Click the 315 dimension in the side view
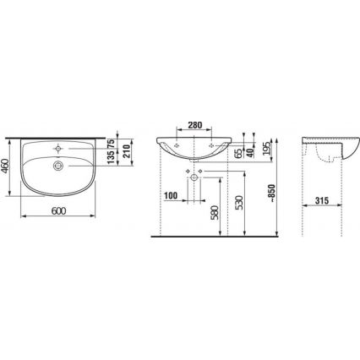click(x=320, y=199)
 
